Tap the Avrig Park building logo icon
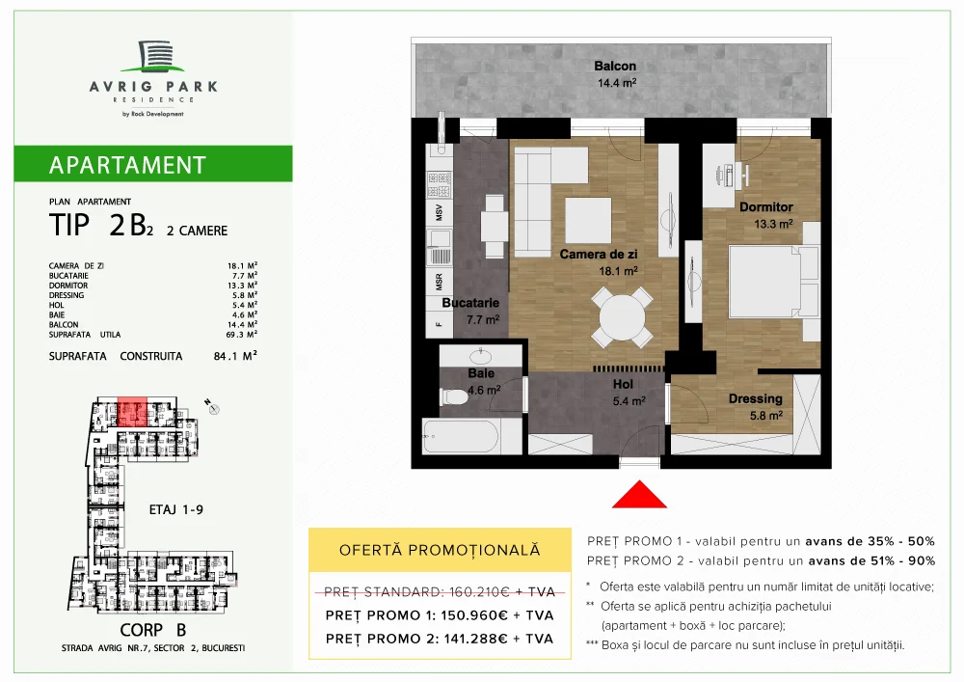point(153,57)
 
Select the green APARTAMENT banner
point(154,164)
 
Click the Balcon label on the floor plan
point(615,67)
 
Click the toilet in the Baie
point(454,396)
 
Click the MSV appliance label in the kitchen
point(439,211)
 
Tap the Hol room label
point(624,383)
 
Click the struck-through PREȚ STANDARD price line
point(439,589)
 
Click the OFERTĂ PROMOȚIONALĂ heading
point(440,551)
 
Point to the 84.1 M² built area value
point(237,355)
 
